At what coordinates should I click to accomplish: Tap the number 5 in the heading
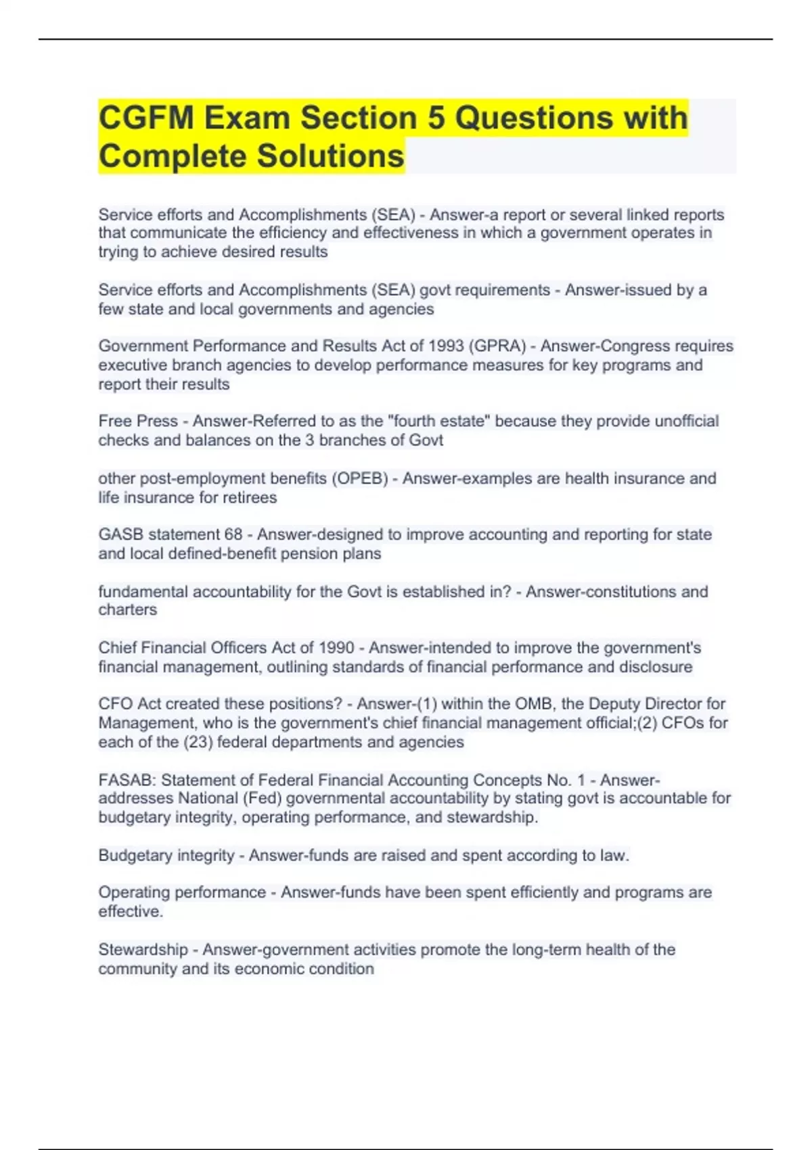pos(436,118)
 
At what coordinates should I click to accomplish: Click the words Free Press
pos(138,421)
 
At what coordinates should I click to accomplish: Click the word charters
pos(127,610)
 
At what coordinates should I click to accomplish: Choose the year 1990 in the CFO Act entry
pos(336,648)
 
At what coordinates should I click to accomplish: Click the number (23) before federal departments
pos(198,742)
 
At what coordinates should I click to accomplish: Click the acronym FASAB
pos(127,781)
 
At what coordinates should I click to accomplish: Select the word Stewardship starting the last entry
pos(143,950)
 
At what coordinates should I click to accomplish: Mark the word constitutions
pos(627,592)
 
